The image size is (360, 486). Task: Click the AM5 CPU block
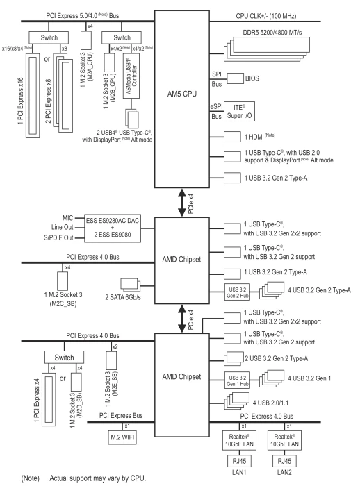(182, 99)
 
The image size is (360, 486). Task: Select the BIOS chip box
(235, 78)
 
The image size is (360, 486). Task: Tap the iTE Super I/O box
(239, 111)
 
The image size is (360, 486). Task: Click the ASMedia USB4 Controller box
(131, 76)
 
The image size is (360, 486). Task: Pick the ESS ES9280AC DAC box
(113, 229)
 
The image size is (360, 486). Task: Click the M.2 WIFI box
(122, 437)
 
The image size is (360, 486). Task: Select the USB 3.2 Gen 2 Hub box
(238, 292)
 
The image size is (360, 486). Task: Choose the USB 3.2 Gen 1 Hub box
(238, 380)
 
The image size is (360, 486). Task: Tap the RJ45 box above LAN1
(239, 461)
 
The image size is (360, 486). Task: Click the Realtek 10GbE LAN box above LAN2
(284, 440)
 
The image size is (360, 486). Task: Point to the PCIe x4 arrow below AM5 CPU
(182, 203)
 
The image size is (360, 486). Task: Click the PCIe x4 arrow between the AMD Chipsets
(182, 319)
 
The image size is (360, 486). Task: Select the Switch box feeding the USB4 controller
(122, 37)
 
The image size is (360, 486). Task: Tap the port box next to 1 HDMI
(232, 137)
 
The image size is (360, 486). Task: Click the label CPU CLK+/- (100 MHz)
(266, 16)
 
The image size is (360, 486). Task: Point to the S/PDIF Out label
(58, 237)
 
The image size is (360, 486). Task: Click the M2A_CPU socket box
(86, 40)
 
